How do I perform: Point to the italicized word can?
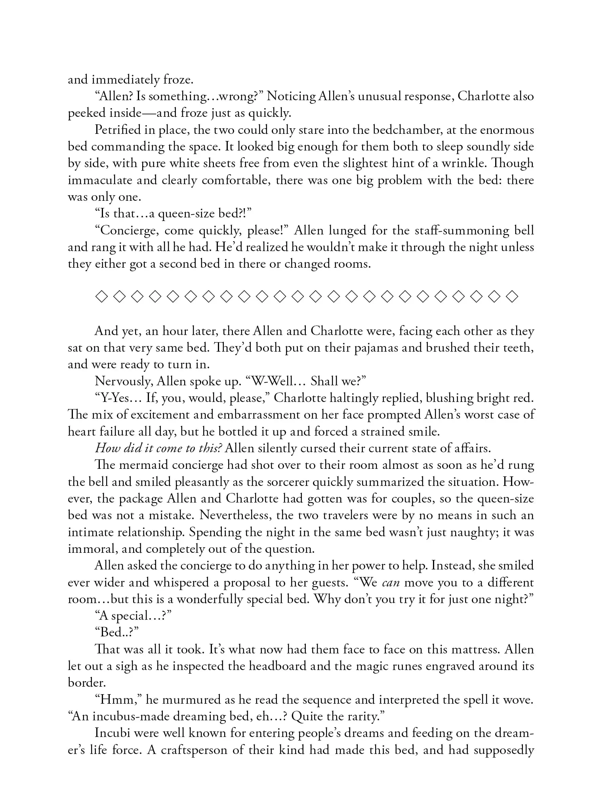click(390, 583)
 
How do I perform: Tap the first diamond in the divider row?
click(102, 297)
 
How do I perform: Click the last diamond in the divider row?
click(513, 297)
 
